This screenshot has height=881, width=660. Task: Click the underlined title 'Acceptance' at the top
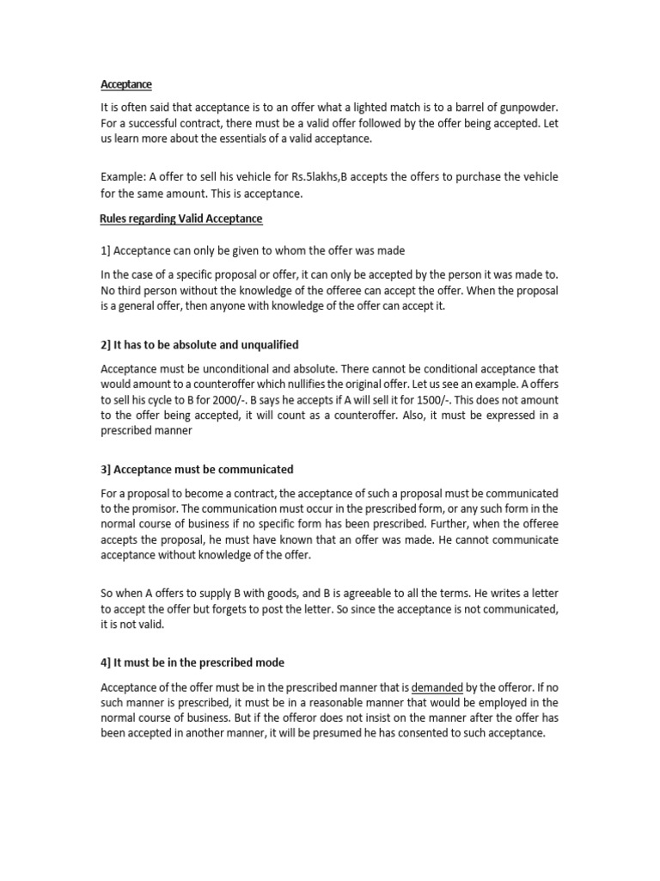(126, 84)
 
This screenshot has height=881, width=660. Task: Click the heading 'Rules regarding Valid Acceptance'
(181, 219)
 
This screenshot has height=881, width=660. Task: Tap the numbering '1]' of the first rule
(107, 250)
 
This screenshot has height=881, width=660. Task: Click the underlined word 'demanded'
(437, 687)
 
